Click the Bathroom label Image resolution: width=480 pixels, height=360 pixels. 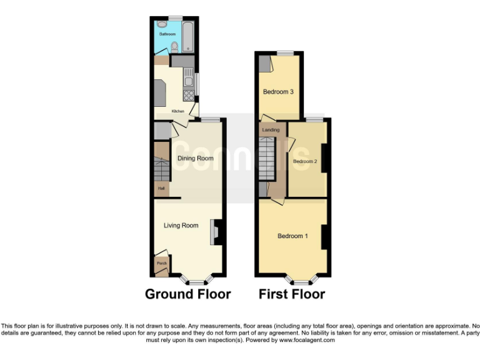pos(166,34)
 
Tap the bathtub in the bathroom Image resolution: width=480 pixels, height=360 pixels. pos(188,37)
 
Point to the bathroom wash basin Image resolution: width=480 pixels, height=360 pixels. pos(162,24)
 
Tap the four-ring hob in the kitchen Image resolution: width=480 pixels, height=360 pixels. pos(188,95)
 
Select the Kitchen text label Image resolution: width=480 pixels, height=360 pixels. pos(178,111)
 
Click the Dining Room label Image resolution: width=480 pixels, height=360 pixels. pos(195,159)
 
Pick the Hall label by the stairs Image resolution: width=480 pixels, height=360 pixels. pos(161,187)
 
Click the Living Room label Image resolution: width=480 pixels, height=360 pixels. pos(181,226)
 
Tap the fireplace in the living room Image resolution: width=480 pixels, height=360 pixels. pos(216,232)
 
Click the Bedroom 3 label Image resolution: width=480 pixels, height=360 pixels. pos(278,92)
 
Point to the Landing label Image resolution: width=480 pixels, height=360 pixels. pos(271,130)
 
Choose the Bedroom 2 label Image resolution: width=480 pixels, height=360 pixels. pos(306,161)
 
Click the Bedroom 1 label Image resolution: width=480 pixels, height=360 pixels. pos(293,236)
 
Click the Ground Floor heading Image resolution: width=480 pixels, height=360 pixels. pos(187,294)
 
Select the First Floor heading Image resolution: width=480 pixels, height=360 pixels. pos(292,294)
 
